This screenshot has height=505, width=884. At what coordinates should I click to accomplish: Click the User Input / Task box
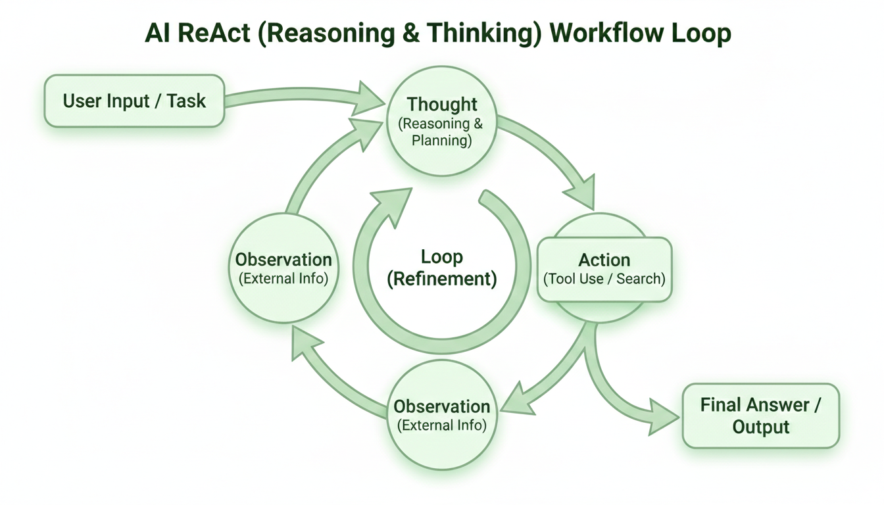point(134,101)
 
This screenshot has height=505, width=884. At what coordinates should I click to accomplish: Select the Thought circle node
point(442,122)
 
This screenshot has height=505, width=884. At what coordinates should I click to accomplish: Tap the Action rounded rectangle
point(604,269)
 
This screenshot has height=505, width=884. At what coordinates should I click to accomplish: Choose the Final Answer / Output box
point(760,416)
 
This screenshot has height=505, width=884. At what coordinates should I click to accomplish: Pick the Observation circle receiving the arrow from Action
point(442,415)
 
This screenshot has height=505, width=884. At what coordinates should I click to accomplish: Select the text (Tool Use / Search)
point(604,279)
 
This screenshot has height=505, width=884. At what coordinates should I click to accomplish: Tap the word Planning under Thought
point(442,140)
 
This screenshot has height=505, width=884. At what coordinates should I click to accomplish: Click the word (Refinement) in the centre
point(442,278)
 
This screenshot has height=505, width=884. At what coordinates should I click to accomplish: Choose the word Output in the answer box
point(760,427)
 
